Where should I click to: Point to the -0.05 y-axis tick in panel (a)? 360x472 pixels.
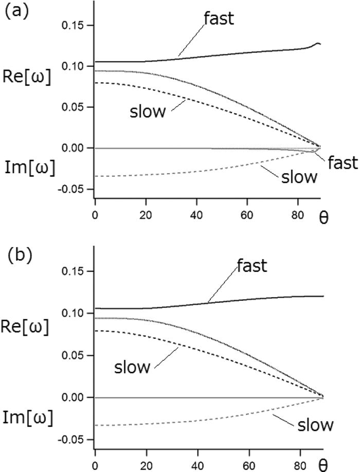tap(73, 189)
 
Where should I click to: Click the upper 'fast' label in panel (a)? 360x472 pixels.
tap(219, 19)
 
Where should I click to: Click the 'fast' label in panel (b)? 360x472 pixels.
tap(252, 266)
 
